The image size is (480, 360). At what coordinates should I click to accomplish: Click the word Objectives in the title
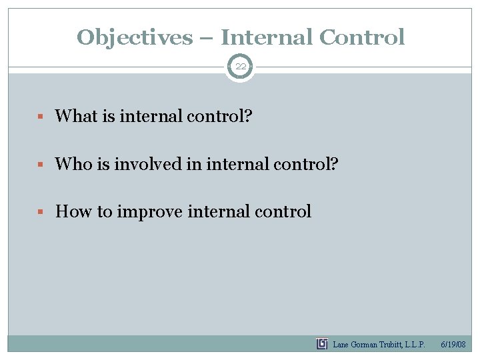(x=133, y=37)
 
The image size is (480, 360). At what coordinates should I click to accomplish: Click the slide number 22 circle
(x=240, y=67)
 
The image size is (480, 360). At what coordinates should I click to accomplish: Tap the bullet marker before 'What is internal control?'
(x=41, y=117)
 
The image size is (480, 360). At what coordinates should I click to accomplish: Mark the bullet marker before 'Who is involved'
(x=41, y=164)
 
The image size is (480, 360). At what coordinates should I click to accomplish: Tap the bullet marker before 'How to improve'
(x=41, y=212)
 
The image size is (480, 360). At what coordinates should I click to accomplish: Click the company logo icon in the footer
(x=322, y=344)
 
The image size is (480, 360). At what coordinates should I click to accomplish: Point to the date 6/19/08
(x=453, y=345)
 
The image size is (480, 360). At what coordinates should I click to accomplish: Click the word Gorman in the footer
(x=364, y=345)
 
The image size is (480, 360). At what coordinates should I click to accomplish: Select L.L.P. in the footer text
(x=413, y=345)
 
